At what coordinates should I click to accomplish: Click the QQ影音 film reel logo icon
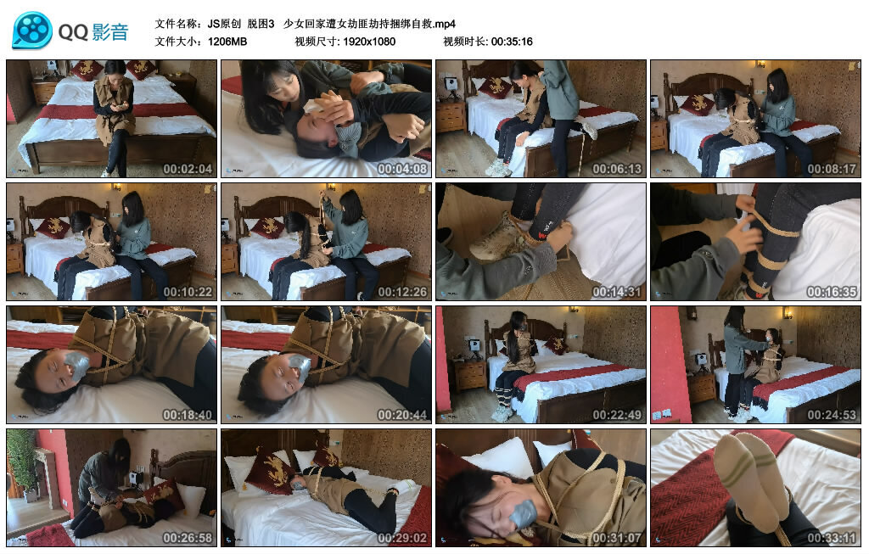[x=32, y=31]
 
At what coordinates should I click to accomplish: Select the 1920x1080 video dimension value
[x=369, y=42]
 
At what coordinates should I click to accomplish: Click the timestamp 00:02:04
[x=188, y=169]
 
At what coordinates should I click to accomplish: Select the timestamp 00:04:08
[x=402, y=169]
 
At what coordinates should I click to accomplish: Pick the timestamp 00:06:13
[x=617, y=169]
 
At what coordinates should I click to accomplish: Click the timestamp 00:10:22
[x=188, y=292]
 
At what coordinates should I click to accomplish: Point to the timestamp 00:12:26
[x=402, y=292]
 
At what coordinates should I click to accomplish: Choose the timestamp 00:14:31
[x=617, y=292]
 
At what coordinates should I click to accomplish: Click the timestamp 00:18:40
[x=188, y=415]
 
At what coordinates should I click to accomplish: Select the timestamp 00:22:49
[x=617, y=415]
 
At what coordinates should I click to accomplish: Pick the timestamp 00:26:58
[x=188, y=538]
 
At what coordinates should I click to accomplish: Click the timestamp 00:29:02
[x=402, y=538]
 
